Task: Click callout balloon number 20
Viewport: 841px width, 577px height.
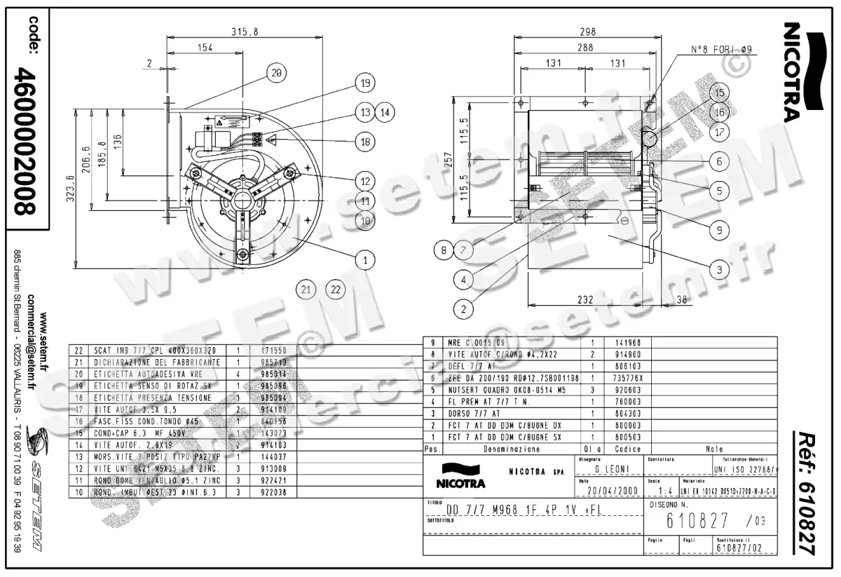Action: coord(276,72)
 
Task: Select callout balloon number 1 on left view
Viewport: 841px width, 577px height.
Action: coord(364,261)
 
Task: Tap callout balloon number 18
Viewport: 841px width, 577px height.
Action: coord(364,142)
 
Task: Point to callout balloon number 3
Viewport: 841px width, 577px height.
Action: coord(718,268)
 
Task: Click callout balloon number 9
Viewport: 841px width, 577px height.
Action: coord(718,228)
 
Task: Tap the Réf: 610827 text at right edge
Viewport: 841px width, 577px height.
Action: coord(806,491)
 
